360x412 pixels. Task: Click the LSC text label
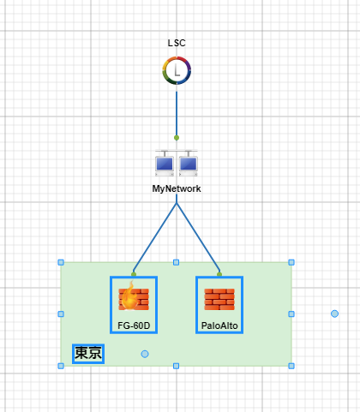tap(177, 43)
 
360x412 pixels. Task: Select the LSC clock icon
tap(177, 70)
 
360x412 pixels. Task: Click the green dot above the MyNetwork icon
tap(177, 138)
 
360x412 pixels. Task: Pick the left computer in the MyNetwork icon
tap(165, 164)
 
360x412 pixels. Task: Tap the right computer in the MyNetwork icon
tap(189, 164)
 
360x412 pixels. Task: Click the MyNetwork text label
tap(177, 188)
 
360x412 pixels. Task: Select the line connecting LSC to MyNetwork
tap(177, 113)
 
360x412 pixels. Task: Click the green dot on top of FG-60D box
tap(134, 274)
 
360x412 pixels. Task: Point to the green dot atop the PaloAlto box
tap(219, 274)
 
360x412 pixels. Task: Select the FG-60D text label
tap(134, 325)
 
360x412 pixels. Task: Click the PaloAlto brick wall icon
tap(219, 299)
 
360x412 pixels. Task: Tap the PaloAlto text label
tap(219, 325)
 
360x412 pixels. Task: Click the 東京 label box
tap(88, 354)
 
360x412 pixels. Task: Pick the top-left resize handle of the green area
tap(61, 262)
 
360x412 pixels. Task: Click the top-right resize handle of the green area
tap(291, 262)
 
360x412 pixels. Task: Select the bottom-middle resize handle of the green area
tap(177, 366)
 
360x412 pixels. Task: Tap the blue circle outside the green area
tap(334, 313)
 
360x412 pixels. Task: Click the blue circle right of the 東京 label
tap(145, 354)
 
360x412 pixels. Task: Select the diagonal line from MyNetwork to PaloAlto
tap(198, 237)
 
